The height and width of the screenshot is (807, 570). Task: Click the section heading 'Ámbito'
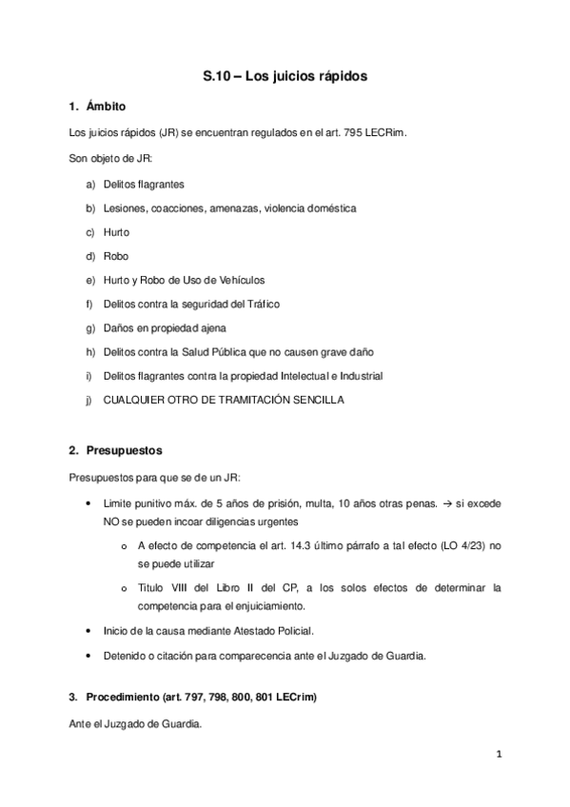point(106,106)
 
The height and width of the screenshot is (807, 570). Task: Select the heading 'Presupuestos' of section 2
point(124,448)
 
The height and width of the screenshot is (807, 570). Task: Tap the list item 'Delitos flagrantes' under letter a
point(144,183)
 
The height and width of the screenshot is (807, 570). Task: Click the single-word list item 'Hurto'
point(116,231)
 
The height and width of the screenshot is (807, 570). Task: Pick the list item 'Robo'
point(116,255)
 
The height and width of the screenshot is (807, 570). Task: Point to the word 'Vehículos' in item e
point(242,280)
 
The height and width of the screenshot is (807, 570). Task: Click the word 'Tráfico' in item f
point(261,304)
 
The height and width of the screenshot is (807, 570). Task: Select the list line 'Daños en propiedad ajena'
point(158,327)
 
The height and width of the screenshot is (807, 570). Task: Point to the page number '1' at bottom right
point(499,756)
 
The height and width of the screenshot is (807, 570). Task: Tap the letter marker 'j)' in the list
point(89,400)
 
